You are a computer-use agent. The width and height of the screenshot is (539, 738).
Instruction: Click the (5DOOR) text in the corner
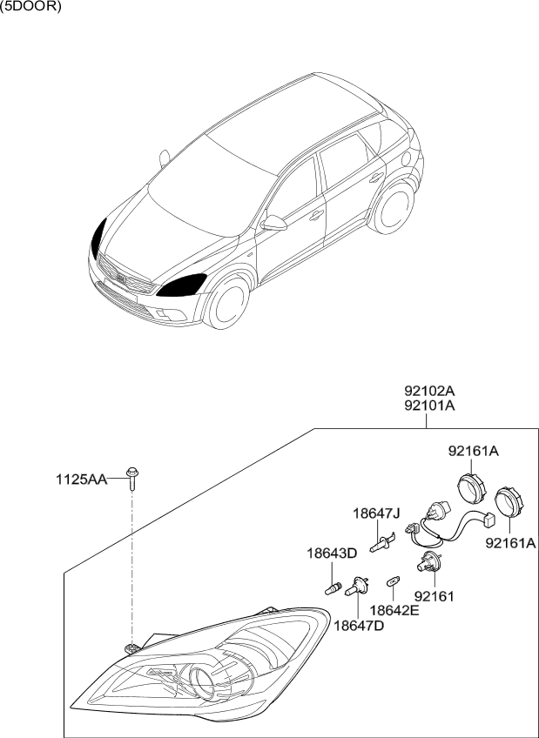click(x=30, y=8)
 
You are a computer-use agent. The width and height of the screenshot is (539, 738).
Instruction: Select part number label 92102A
click(x=429, y=391)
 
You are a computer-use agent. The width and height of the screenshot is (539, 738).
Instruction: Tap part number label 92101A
click(x=429, y=406)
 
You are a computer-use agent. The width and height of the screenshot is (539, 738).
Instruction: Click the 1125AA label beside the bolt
click(x=81, y=480)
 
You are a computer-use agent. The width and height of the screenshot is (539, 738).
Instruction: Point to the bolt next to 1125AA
click(x=132, y=479)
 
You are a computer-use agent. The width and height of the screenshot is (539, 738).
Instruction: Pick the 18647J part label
click(x=376, y=513)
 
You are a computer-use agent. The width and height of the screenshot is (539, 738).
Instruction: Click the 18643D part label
click(x=333, y=553)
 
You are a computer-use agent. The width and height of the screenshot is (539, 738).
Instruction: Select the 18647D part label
click(x=359, y=626)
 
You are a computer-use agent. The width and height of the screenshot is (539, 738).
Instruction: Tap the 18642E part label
click(x=394, y=610)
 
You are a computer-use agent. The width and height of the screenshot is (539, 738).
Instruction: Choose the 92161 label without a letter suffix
click(x=434, y=596)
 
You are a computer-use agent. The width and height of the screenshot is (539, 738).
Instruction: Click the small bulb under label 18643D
click(x=334, y=587)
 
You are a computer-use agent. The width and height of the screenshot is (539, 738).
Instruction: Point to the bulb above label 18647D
click(x=356, y=587)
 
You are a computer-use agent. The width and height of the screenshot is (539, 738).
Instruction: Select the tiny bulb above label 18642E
click(x=393, y=582)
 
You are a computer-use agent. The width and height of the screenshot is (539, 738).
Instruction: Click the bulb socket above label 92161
click(x=429, y=561)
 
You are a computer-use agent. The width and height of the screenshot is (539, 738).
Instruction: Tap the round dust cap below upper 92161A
click(x=472, y=489)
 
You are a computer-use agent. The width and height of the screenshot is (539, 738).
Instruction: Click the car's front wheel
click(x=227, y=302)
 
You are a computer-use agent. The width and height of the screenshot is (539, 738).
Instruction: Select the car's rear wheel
click(x=392, y=207)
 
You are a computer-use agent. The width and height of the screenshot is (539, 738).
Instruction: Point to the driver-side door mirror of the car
click(x=273, y=223)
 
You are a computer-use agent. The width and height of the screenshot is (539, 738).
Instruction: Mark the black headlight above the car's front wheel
click(x=182, y=285)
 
